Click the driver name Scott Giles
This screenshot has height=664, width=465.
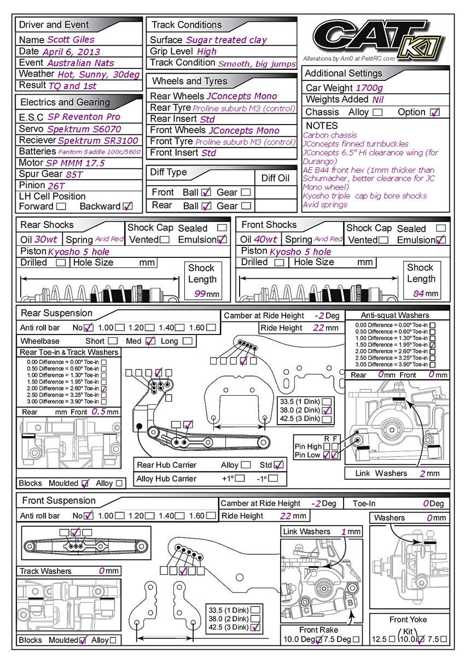click(71, 39)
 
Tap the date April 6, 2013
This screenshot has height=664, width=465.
click(71, 51)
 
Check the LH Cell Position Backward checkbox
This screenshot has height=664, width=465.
click(128, 207)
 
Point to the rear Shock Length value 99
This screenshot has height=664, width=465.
click(200, 294)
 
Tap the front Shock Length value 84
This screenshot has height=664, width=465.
click(419, 294)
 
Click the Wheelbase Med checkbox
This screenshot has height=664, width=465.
click(150, 341)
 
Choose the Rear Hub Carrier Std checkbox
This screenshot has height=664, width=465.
click(279, 465)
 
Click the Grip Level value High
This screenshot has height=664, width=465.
click(207, 51)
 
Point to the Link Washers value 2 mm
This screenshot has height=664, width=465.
click(422, 473)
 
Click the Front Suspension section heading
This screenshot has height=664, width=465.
click(59, 501)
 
